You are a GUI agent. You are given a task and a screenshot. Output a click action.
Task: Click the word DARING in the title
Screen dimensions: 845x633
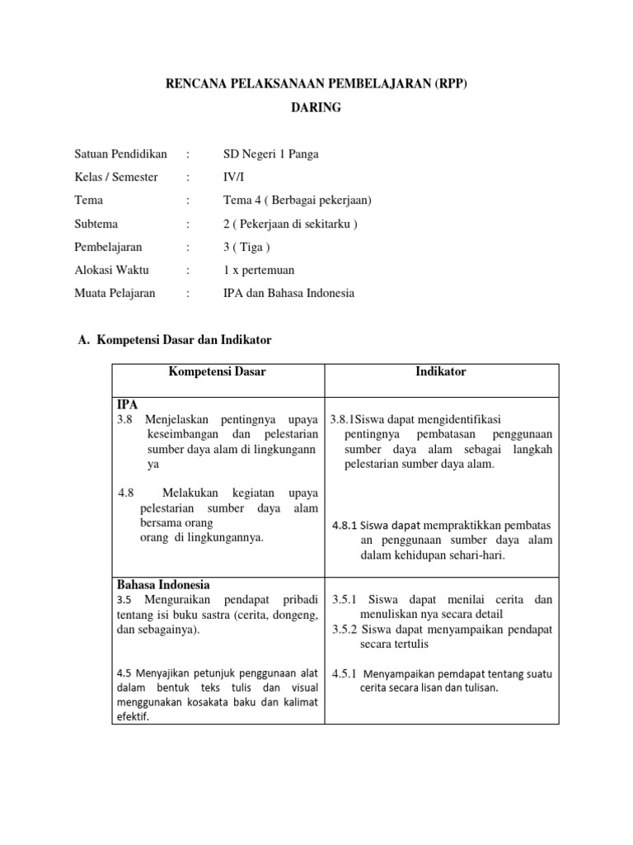[316, 108]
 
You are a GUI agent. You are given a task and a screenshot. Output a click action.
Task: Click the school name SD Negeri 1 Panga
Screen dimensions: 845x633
[271, 153]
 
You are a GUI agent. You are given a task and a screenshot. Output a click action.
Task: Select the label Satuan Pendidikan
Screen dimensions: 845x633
[120, 153]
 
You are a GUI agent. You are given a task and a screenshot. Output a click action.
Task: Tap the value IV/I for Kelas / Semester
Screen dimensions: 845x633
[234, 177]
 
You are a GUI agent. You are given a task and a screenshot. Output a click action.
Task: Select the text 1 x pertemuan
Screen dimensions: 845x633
[259, 270]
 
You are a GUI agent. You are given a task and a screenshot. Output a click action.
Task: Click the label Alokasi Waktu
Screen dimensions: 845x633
[112, 270]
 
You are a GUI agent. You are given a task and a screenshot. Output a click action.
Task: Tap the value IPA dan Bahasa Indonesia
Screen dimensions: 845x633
[289, 293]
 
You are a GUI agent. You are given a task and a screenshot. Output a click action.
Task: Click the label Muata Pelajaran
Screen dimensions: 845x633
[115, 293]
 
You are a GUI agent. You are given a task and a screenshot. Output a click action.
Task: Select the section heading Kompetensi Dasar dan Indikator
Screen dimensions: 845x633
[185, 340]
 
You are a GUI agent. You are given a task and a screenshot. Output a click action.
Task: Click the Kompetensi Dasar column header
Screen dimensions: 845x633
[218, 372]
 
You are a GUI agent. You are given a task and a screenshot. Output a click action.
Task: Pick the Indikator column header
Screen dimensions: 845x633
[441, 372]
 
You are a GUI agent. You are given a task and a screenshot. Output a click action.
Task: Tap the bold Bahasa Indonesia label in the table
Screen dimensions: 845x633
[163, 584]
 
